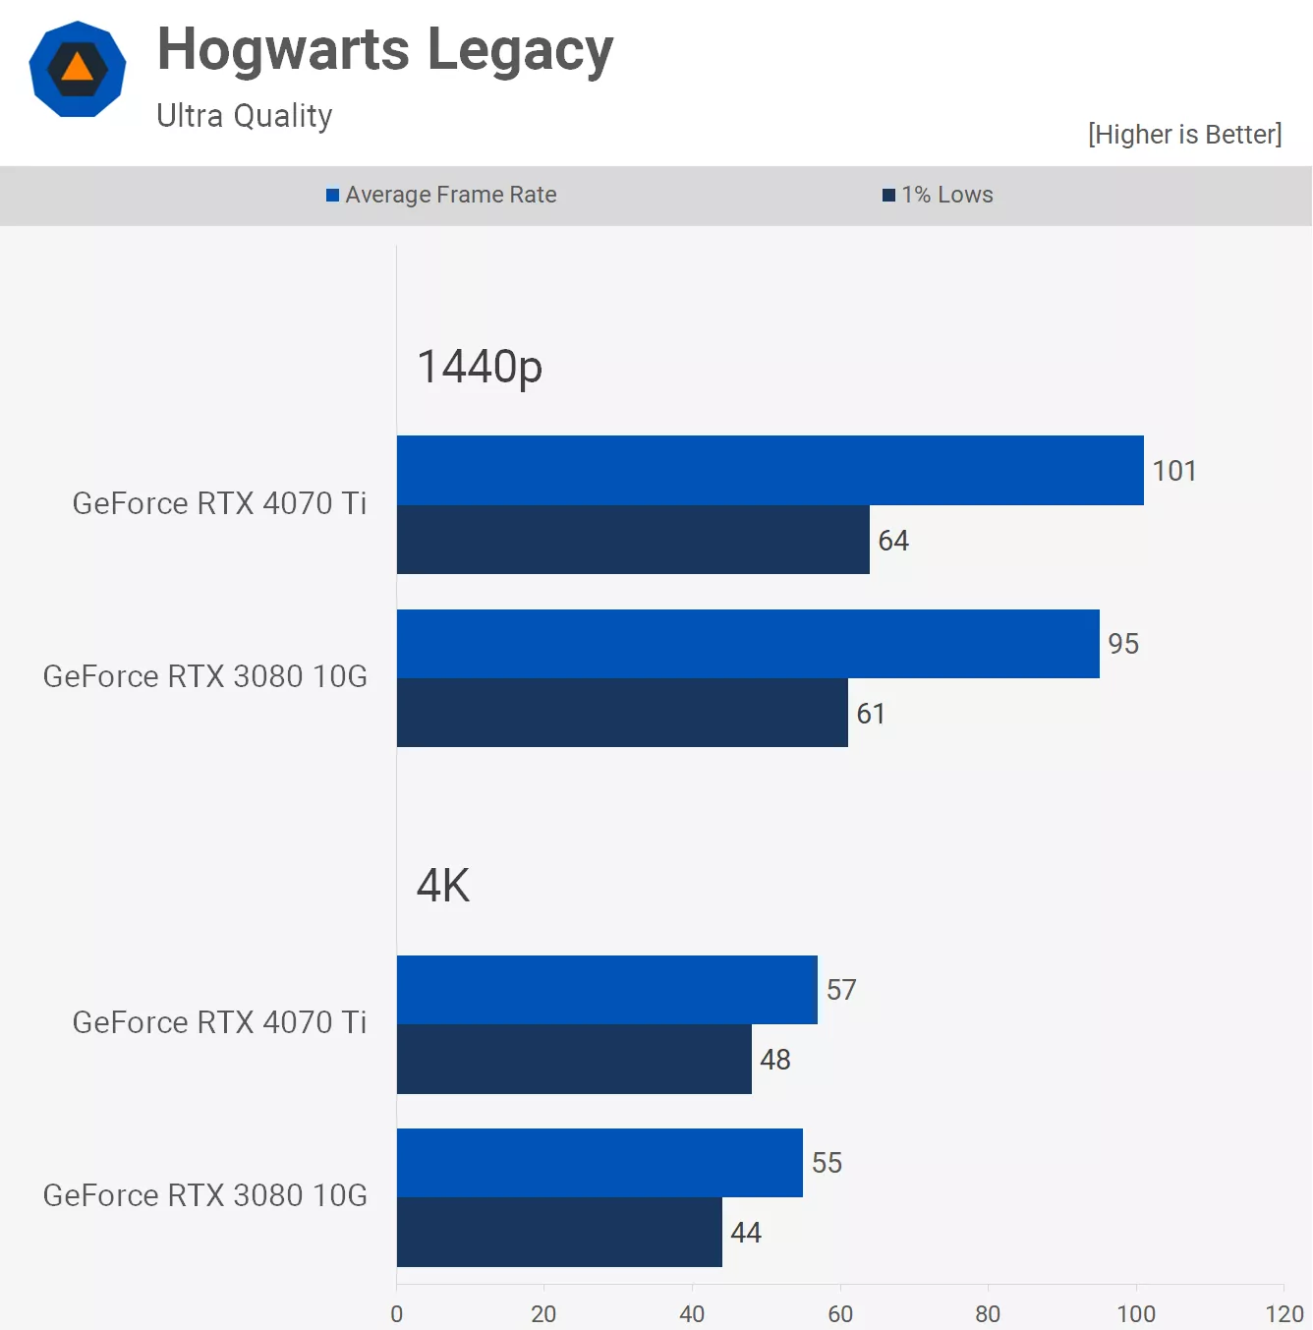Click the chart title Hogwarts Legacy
tap(384, 50)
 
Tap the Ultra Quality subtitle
tap(244, 116)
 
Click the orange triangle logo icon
tap(78, 69)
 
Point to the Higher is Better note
tap(1184, 135)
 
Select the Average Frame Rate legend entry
tap(441, 195)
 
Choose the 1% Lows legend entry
tap(939, 195)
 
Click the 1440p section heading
tap(480, 367)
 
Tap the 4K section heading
tap(443, 886)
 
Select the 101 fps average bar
tap(770, 470)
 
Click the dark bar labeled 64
tap(633, 540)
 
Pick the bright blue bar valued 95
tap(748, 644)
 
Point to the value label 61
tap(871, 714)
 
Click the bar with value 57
tap(606, 990)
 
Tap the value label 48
tap(775, 1060)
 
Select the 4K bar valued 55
tap(599, 1163)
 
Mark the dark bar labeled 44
tap(559, 1233)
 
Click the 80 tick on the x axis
tap(988, 1314)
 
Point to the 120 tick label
tap(1284, 1314)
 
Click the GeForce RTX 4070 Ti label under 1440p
tap(219, 503)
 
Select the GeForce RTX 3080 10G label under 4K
tap(204, 1195)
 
